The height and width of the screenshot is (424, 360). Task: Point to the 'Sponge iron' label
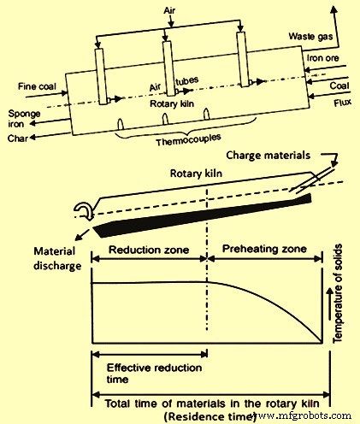[21, 118]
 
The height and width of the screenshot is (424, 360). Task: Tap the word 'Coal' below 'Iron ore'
[339, 87]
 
